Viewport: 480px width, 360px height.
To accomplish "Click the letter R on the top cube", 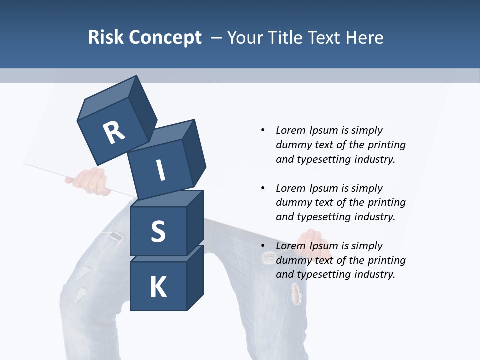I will coord(114,132).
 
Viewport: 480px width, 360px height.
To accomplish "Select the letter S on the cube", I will coord(158,231).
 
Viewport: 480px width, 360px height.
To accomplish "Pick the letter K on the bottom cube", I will coord(158,287).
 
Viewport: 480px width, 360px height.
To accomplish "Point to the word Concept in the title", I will coord(165,38).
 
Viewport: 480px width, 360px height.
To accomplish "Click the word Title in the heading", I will coord(285,37).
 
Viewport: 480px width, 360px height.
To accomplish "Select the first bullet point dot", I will coord(263,130).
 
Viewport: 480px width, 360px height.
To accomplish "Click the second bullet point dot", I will coord(263,188).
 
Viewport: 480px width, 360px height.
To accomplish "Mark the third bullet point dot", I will coord(263,246).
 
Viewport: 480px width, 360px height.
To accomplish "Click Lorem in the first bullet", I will coord(290,130).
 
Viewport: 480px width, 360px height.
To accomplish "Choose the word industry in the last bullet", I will coord(375,274).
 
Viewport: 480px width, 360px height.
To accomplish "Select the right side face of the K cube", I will coord(195,277).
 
